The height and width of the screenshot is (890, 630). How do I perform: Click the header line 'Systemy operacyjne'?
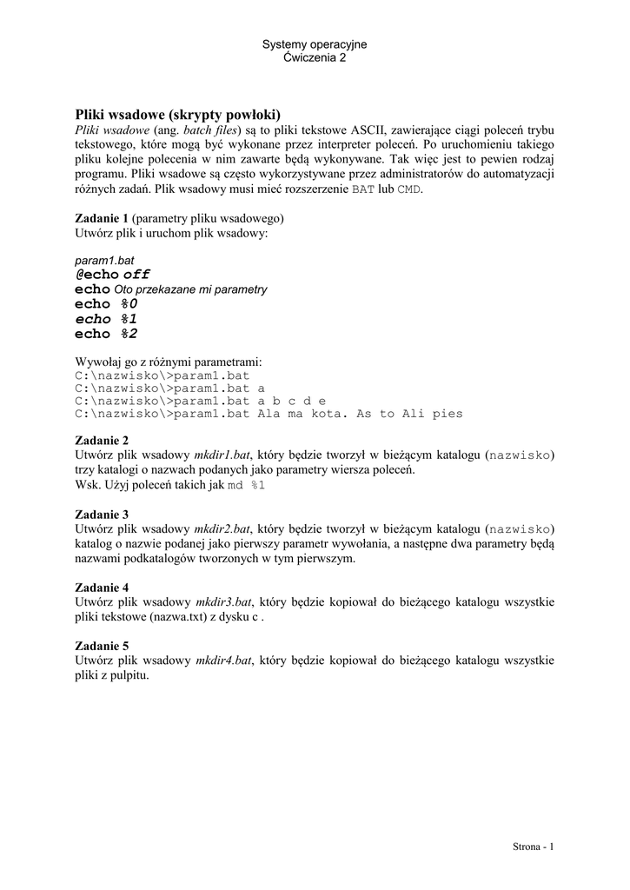click(x=315, y=44)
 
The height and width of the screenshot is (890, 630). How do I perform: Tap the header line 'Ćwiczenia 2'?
click(x=315, y=57)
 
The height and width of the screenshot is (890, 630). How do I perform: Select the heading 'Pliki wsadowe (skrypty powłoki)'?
click(x=178, y=114)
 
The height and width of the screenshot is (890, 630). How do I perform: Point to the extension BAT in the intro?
click(x=364, y=189)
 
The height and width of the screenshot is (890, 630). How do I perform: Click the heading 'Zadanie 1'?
click(x=102, y=217)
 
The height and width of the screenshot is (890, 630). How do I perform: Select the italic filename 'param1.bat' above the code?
click(x=103, y=260)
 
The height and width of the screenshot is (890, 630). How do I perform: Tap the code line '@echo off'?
click(x=113, y=275)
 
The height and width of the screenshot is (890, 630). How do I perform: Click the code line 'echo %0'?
click(x=106, y=304)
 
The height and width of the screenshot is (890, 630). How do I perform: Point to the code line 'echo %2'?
click(x=106, y=334)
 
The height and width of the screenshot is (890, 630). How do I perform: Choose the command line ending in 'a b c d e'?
click(x=200, y=401)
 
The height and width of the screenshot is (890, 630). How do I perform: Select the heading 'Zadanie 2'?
click(x=102, y=440)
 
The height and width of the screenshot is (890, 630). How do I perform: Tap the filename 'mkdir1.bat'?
click(x=222, y=455)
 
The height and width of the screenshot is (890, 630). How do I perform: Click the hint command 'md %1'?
click(x=246, y=485)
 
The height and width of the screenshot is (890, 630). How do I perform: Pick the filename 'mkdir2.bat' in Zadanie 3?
click(x=222, y=528)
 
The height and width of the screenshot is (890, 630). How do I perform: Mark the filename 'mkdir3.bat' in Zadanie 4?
click(x=222, y=601)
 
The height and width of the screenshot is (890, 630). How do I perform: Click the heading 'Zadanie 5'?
click(x=102, y=646)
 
